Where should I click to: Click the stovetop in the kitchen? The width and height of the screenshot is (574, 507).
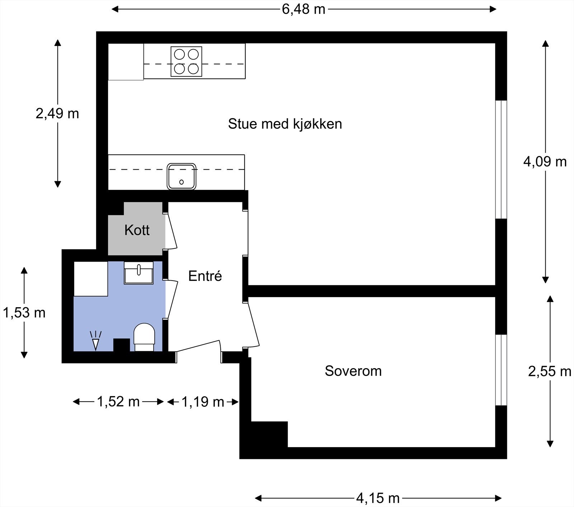point(186,61)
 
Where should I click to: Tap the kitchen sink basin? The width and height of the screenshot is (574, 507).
point(182,176)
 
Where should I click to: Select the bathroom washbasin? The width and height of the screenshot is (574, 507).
point(138,273)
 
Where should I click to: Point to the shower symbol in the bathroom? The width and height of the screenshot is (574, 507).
point(95,341)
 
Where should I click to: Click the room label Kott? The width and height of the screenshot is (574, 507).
point(137,230)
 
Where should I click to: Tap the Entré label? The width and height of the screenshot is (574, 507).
point(205,276)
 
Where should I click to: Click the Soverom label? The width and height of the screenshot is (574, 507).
point(353,371)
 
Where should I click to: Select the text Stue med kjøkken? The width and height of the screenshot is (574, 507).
point(285,124)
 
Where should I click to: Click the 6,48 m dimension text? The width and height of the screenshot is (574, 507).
point(304,9)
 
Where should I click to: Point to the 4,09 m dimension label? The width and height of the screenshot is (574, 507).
point(545,162)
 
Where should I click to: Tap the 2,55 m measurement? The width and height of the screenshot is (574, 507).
point(550,371)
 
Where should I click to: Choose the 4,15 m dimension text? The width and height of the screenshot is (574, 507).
point(378,498)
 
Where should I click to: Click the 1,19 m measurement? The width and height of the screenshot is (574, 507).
point(203,402)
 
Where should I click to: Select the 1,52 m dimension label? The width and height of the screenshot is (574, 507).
point(118,402)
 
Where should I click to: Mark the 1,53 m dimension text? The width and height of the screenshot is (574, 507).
point(24,313)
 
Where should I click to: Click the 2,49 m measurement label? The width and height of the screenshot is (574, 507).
point(57,114)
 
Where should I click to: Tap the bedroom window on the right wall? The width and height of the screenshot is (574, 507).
point(501,370)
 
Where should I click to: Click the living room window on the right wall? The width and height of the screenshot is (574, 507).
point(501,159)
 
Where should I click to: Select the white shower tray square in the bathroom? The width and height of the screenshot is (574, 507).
point(91,279)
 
